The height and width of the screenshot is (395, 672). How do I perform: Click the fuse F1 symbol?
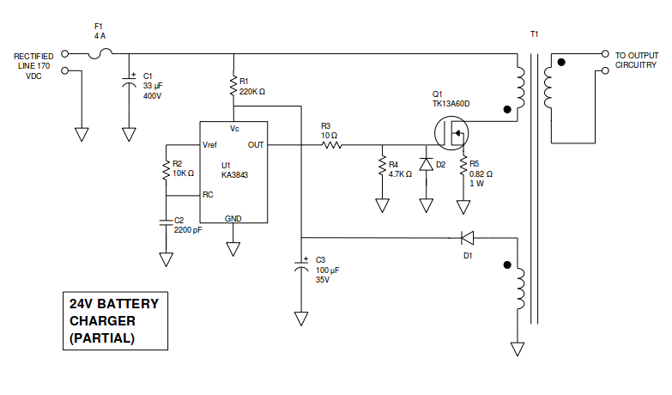(100, 53)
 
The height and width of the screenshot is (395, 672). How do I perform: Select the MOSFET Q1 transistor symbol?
(451, 133)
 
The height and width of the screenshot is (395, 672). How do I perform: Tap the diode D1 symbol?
(467, 238)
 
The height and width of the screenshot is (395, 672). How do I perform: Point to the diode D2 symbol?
(426, 164)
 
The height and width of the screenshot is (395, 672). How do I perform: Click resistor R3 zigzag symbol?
(331, 145)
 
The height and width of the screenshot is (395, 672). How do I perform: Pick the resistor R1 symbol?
(233, 86)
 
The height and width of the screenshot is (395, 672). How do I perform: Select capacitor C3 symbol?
(301, 266)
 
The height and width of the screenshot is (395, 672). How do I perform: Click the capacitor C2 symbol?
(166, 222)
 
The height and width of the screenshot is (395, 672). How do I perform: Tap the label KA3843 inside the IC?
(235, 175)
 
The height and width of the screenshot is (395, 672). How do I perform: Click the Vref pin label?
(209, 145)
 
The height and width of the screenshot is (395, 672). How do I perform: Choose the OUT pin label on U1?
(256, 145)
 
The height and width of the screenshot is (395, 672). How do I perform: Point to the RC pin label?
(208, 195)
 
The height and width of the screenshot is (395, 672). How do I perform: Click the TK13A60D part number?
(451, 104)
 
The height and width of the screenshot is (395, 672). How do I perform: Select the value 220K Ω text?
(252, 92)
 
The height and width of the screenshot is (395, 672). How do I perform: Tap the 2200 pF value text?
(188, 230)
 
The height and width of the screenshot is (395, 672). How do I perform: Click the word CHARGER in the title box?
(102, 321)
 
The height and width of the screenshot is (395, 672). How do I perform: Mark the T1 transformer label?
(535, 34)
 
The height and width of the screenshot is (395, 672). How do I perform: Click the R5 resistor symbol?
(463, 167)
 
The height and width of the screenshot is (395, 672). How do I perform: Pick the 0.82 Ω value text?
(481, 174)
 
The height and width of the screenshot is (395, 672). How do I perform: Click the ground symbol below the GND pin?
(233, 249)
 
